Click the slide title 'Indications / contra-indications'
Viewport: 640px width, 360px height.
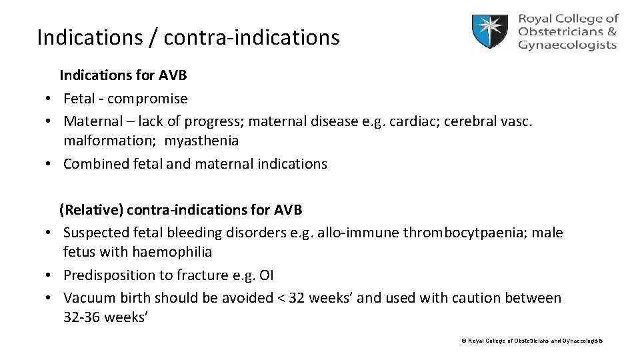click(188, 37)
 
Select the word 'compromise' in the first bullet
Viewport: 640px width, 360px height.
click(147, 99)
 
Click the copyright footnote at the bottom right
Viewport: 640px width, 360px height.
click(531, 341)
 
